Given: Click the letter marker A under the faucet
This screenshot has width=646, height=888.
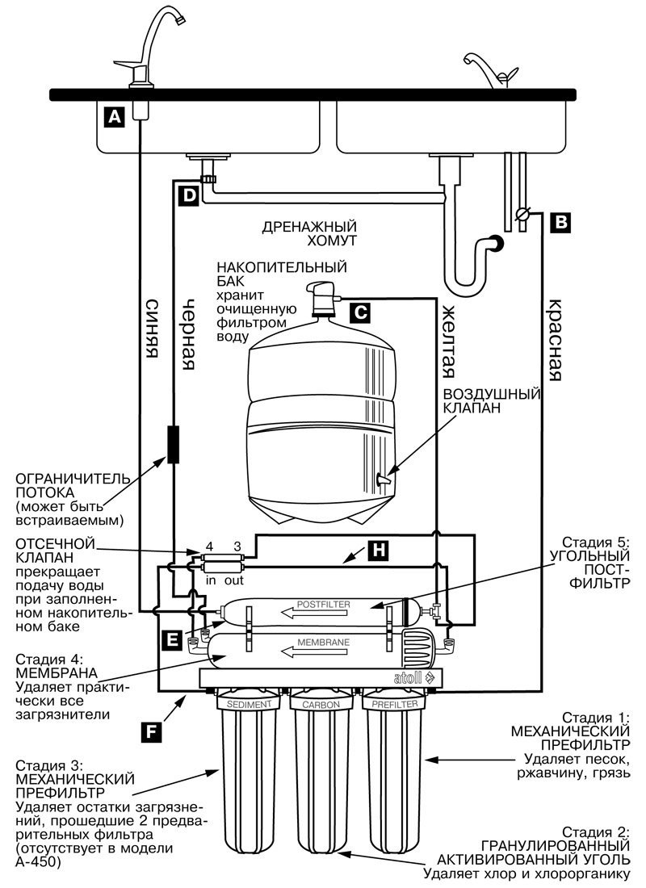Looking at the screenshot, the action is point(115,117).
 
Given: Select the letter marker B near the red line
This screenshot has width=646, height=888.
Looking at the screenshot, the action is point(560,222).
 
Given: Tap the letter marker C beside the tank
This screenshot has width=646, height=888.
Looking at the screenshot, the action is point(360,312).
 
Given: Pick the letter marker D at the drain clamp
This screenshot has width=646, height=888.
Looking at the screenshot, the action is point(189,196).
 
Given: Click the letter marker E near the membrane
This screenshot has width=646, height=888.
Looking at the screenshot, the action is point(172,639).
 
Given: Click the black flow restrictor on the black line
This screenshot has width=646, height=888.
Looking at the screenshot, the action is point(174,445).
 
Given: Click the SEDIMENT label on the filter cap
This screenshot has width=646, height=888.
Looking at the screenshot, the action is point(249,705).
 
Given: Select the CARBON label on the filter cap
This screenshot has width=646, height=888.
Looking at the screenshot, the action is point(321,705).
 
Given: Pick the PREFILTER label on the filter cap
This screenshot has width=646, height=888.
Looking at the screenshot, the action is point(394,705).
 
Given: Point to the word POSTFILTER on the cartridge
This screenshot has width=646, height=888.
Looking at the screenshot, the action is point(323,605).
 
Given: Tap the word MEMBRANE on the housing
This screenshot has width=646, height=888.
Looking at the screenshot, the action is point(324,643).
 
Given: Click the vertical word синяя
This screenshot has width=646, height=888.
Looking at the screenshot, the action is point(152,328).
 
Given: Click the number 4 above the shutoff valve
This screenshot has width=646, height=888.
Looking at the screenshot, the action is point(210,547).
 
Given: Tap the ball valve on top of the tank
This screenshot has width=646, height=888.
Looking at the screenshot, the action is point(322,299).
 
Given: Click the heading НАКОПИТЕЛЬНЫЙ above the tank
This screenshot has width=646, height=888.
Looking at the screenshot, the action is point(282,266).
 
